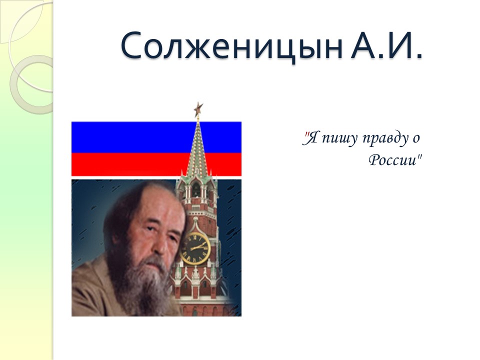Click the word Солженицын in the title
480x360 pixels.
[231, 46]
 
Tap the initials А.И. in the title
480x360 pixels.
[385, 46]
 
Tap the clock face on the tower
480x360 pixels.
[194, 247]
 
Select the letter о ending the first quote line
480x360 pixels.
[415, 138]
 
